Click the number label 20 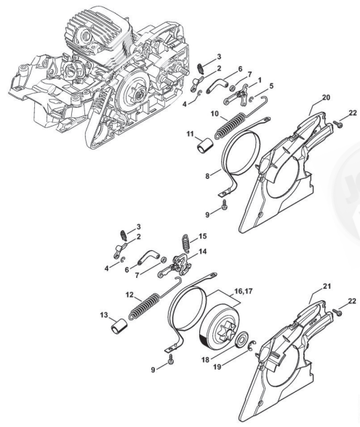[327, 97]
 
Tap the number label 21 [327, 286]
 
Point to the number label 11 [190, 134]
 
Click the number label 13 [104, 315]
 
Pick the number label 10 [215, 113]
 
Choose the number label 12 [130, 295]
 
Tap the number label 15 [202, 236]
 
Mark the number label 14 [202, 252]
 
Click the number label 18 [205, 360]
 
